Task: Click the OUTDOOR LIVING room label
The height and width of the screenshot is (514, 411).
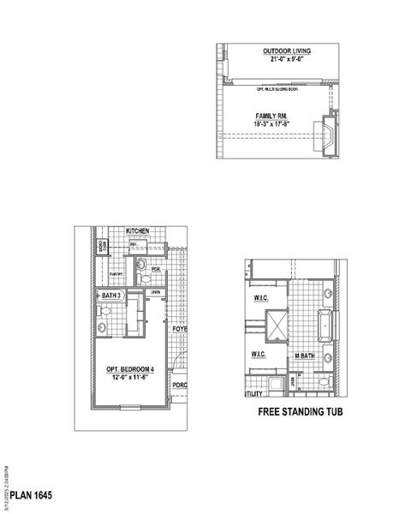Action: [286, 51]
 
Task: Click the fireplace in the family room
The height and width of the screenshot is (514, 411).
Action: [326, 132]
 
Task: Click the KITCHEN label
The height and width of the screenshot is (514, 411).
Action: [138, 232]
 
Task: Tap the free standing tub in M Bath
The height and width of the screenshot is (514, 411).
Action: [326, 326]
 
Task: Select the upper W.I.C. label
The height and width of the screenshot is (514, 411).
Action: [261, 299]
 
